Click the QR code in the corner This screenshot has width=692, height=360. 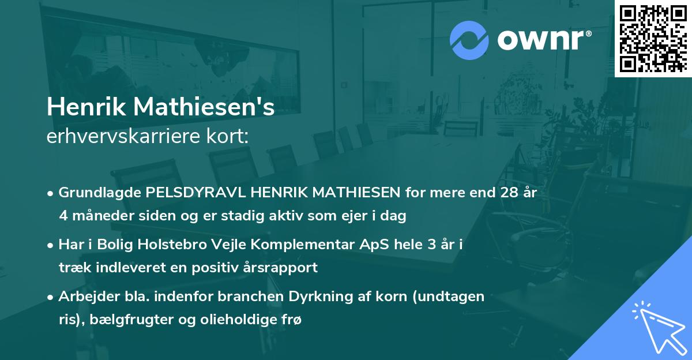pos(653,38)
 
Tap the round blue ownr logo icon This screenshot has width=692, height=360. pos(468,40)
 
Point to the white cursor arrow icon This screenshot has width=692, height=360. pos(658,327)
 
